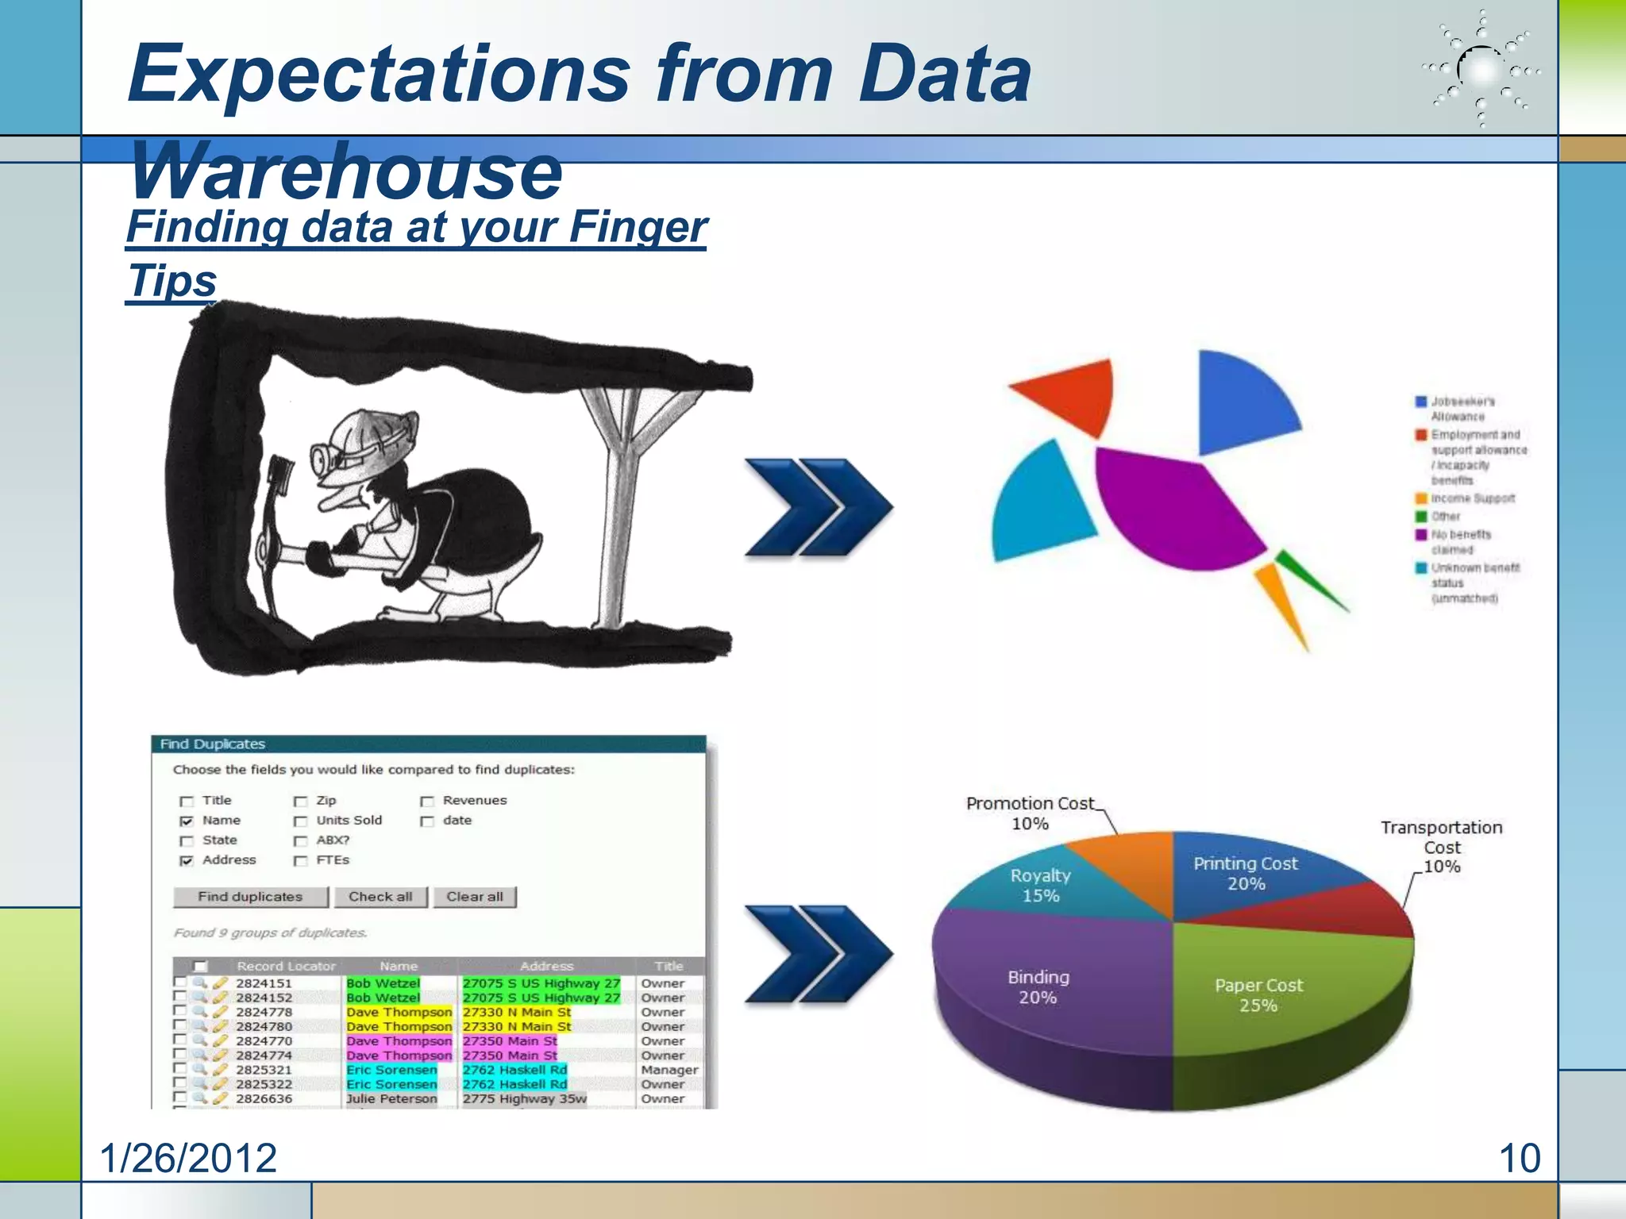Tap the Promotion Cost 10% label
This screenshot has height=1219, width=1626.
pyautogui.click(x=1030, y=813)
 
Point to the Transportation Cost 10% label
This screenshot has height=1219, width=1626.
pyautogui.click(x=1441, y=847)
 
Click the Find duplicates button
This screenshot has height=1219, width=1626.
pyautogui.click(x=250, y=896)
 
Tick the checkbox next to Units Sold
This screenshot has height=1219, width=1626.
pyautogui.click(x=300, y=821)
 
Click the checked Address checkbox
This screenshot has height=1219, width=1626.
pyautogui.click(x=187, y=861)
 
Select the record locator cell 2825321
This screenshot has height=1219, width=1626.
pyautogui.click(x=264, y=1070)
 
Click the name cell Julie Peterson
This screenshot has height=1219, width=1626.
pyautogui.click(x=391, y=1098)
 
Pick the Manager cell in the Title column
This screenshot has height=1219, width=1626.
pyautogui.click(x=669, y=1070)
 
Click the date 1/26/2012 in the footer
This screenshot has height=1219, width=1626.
pyautogui.click(x=188, y=1158)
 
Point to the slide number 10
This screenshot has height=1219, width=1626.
pyautogui.click(x=1519, y=1158)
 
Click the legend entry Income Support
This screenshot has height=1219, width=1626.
pyautogui.click(x=1472, y=498)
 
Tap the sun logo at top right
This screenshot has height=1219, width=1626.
pyautogui.click(x=1480, y=70)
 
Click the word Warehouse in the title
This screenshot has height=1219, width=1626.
pyautogui.click(x=346, y=171)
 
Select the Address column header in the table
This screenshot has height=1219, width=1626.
pyautogui.click(x=546, y=966)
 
